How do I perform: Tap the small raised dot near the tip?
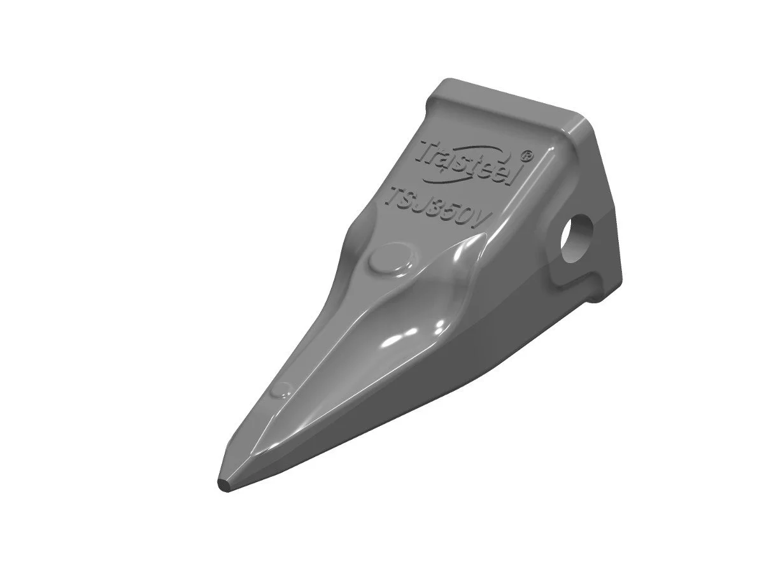(x=281, y=390)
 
